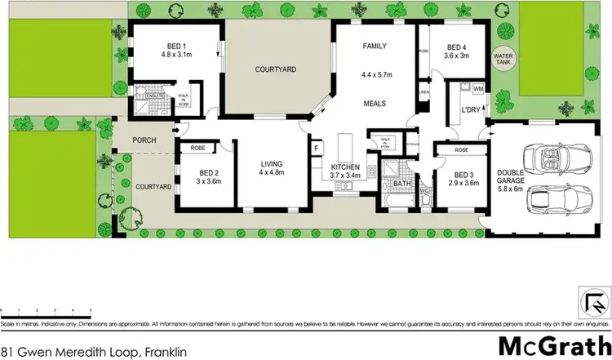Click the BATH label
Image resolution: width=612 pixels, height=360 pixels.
[402, 184]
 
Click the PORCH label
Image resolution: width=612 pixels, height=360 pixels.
[144, 140]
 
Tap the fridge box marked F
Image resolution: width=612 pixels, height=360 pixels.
[317, 149]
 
